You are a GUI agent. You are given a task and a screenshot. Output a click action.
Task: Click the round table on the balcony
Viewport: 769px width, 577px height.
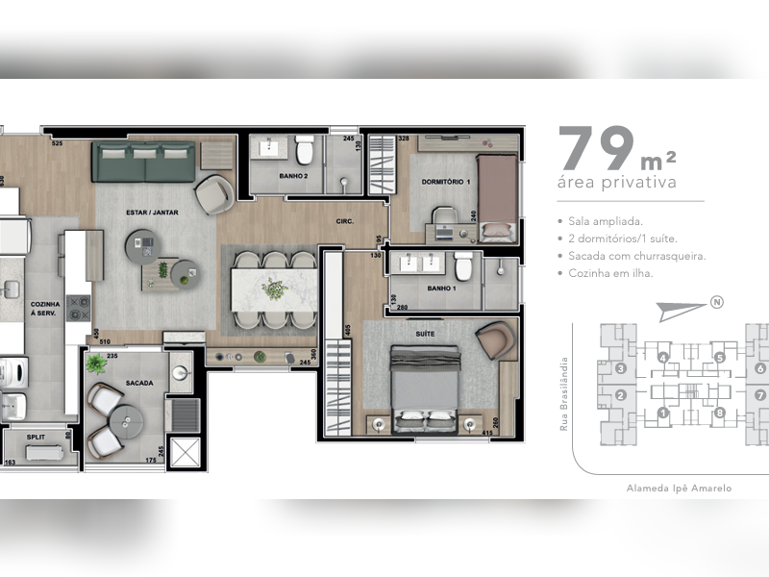coord(126,420)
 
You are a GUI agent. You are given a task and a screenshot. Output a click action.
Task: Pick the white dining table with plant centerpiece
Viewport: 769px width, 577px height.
coord(273,288)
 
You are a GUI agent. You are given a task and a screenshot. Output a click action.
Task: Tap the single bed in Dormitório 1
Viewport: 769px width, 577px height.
coord(497,197)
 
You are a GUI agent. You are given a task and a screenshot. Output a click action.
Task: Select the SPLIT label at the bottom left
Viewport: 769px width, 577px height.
coord(36,436)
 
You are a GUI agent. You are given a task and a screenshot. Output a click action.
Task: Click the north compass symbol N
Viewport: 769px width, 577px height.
coord(716,304)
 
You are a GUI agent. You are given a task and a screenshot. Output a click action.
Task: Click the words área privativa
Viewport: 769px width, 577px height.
coord(616,182)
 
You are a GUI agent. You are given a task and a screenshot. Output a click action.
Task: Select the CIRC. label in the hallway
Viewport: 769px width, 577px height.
coord(344,221)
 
